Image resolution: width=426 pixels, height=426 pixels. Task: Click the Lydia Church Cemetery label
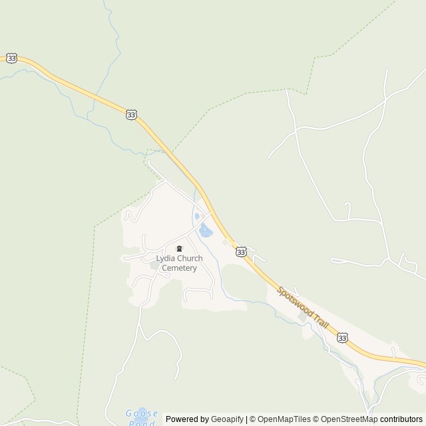click(179, 263)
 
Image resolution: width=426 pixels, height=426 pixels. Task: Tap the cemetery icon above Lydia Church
click(179, 249)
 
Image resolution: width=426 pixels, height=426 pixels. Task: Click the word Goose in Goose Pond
click(142, 413)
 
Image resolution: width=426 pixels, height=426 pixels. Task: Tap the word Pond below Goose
click(142, 423)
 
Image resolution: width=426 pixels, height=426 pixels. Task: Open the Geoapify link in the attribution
click(227, 419)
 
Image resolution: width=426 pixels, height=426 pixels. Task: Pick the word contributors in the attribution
click(402, 419)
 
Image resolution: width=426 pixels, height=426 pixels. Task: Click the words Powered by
click(187, 419)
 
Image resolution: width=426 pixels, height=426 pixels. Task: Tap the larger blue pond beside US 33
click(206, 230)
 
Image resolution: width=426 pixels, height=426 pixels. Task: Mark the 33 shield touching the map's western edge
click(11, 59)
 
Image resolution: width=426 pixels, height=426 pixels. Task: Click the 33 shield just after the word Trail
click(342, 338)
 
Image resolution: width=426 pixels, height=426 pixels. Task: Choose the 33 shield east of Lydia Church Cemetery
click(241, 252)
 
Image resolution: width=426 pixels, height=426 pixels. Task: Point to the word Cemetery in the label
click(179, 268)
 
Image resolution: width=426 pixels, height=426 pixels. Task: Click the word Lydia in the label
click(166, 258)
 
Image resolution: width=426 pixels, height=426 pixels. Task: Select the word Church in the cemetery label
click(190, 258)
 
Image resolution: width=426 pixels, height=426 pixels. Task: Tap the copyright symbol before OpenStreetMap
click(317, 419)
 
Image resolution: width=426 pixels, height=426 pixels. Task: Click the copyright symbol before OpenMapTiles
click(253, 419)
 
